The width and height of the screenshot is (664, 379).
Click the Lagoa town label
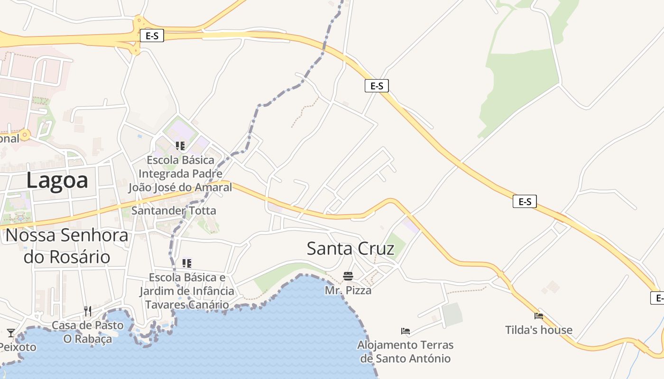pos(57,181)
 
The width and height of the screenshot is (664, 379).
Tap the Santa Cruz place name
pos(350,249)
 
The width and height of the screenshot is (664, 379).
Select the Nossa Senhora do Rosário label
pos(67,246)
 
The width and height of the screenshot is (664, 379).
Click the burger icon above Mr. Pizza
pos(348,276)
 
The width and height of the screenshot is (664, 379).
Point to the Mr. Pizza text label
pos(348,290)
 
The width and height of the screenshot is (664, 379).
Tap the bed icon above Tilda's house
pos(538,316)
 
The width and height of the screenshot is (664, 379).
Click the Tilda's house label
pos(538,330)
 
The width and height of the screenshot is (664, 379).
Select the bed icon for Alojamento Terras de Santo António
pos(405,331)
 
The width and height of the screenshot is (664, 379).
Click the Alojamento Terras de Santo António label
pos(405,352)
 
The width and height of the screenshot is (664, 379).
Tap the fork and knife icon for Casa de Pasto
pos(87,311)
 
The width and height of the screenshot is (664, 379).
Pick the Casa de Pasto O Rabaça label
pos(87,332)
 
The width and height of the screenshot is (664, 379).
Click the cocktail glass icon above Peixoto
pos(11,333)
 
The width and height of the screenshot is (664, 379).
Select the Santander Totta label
pos(174,211)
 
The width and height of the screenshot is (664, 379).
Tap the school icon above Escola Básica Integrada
pos(180,146)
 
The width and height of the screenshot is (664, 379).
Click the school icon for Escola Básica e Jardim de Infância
pos(186,263)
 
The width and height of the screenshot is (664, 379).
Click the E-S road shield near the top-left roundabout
pos(152,36)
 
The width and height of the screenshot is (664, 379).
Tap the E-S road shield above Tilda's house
pos(524,202)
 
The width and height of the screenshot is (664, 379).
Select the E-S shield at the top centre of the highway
pos(377,86)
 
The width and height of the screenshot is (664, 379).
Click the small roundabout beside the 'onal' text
pos(25,135)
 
